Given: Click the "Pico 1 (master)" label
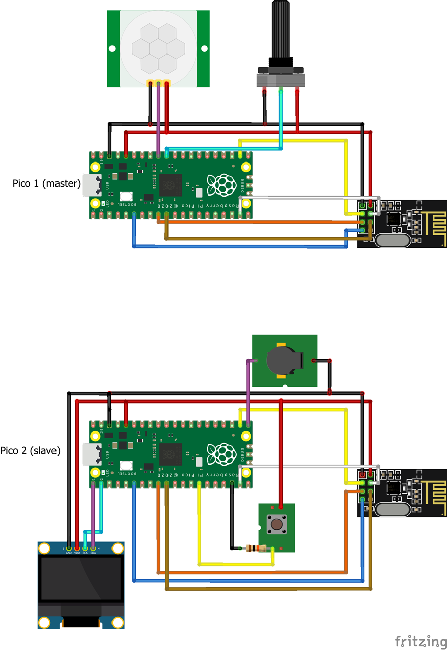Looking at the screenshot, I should point(46,183).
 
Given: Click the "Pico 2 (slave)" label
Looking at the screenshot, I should point(30,451).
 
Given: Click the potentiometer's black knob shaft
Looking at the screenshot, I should point(282,30).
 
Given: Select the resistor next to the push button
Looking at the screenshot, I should point(255,548).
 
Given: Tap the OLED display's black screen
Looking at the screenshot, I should point(81,579).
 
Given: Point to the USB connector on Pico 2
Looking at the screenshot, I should point(91,454).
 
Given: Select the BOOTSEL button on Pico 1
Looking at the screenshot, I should point(126,197).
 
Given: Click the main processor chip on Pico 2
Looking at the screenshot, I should point(170,454).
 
